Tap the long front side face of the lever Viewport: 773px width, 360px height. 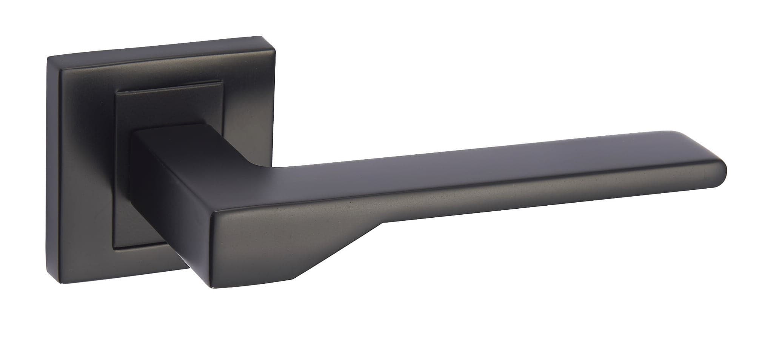[491, 196]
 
